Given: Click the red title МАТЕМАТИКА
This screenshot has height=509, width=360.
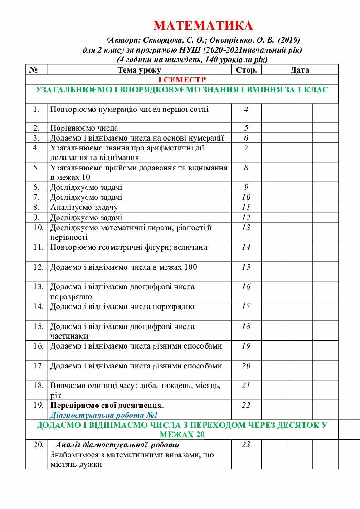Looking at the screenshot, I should click(x=203, y=25).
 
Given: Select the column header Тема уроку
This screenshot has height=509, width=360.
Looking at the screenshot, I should click(x=139, y=70).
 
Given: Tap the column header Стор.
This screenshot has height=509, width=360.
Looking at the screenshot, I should click(x=246, y=70).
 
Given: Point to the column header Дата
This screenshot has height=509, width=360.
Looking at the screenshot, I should click(x=300, y=70).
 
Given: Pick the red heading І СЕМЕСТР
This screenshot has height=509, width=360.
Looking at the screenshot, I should click(x=181, y=79).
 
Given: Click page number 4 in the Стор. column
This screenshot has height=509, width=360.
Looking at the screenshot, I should click(x=246, y=109).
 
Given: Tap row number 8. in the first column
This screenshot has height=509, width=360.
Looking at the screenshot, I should click(x=37, y=207).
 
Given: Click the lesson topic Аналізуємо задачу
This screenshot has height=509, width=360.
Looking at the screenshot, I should click(x=84, y=207).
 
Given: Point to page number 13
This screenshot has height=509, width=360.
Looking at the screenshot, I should click(x=246, y=228).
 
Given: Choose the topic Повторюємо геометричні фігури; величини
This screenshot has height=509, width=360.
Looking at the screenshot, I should click(x=129, y=247).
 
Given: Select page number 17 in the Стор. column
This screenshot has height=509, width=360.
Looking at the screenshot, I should click(x=246, y=306).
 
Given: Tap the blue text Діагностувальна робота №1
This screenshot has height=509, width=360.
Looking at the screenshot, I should click(x=103, y=415).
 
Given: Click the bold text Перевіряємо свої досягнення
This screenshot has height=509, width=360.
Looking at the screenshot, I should click(x=107, y=405).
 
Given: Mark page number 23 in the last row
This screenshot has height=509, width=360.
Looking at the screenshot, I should click(x=246, y=445).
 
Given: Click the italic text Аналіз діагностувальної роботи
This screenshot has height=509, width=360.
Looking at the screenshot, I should click(x=114, y=445).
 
